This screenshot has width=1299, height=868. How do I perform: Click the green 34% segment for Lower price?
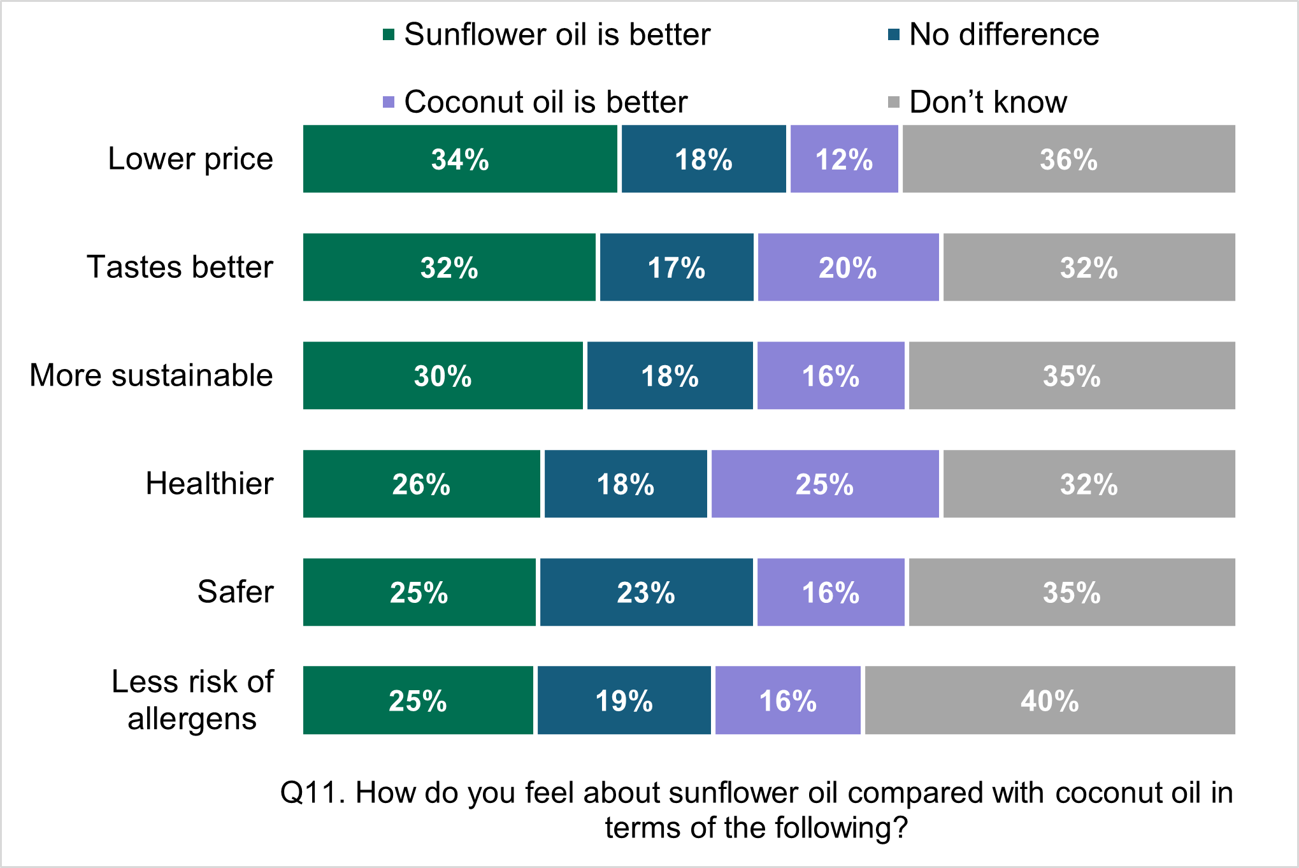(460, 159)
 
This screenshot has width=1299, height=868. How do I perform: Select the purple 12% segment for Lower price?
(844, 159)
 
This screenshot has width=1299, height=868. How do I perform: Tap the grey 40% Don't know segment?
(1049, 700)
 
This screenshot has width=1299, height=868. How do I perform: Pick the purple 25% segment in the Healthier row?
(824, 484)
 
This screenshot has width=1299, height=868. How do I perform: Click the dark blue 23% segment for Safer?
(646, 592)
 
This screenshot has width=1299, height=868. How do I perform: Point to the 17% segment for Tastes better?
(677, 267)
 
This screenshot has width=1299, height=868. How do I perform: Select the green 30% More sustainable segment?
(443, 375)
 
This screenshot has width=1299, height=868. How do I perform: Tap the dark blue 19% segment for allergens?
(624, 700)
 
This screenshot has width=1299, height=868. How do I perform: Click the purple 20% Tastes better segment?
(848, 267)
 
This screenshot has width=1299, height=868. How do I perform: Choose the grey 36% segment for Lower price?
(1068, 159)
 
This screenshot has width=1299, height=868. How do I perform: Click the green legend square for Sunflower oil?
(389, 34)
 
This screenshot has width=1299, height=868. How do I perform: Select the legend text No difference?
(1003, 34)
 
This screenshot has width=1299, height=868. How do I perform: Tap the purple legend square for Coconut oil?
(389, 102)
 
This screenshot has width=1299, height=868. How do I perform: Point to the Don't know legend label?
(987, 102)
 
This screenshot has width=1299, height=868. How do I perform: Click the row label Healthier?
(210, 483)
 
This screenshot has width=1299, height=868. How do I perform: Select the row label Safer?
(235, 591)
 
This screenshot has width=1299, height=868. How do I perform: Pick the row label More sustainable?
(151, 375)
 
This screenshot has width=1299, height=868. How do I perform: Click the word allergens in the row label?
(192, 719)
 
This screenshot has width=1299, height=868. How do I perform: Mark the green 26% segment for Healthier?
(421, 484)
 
